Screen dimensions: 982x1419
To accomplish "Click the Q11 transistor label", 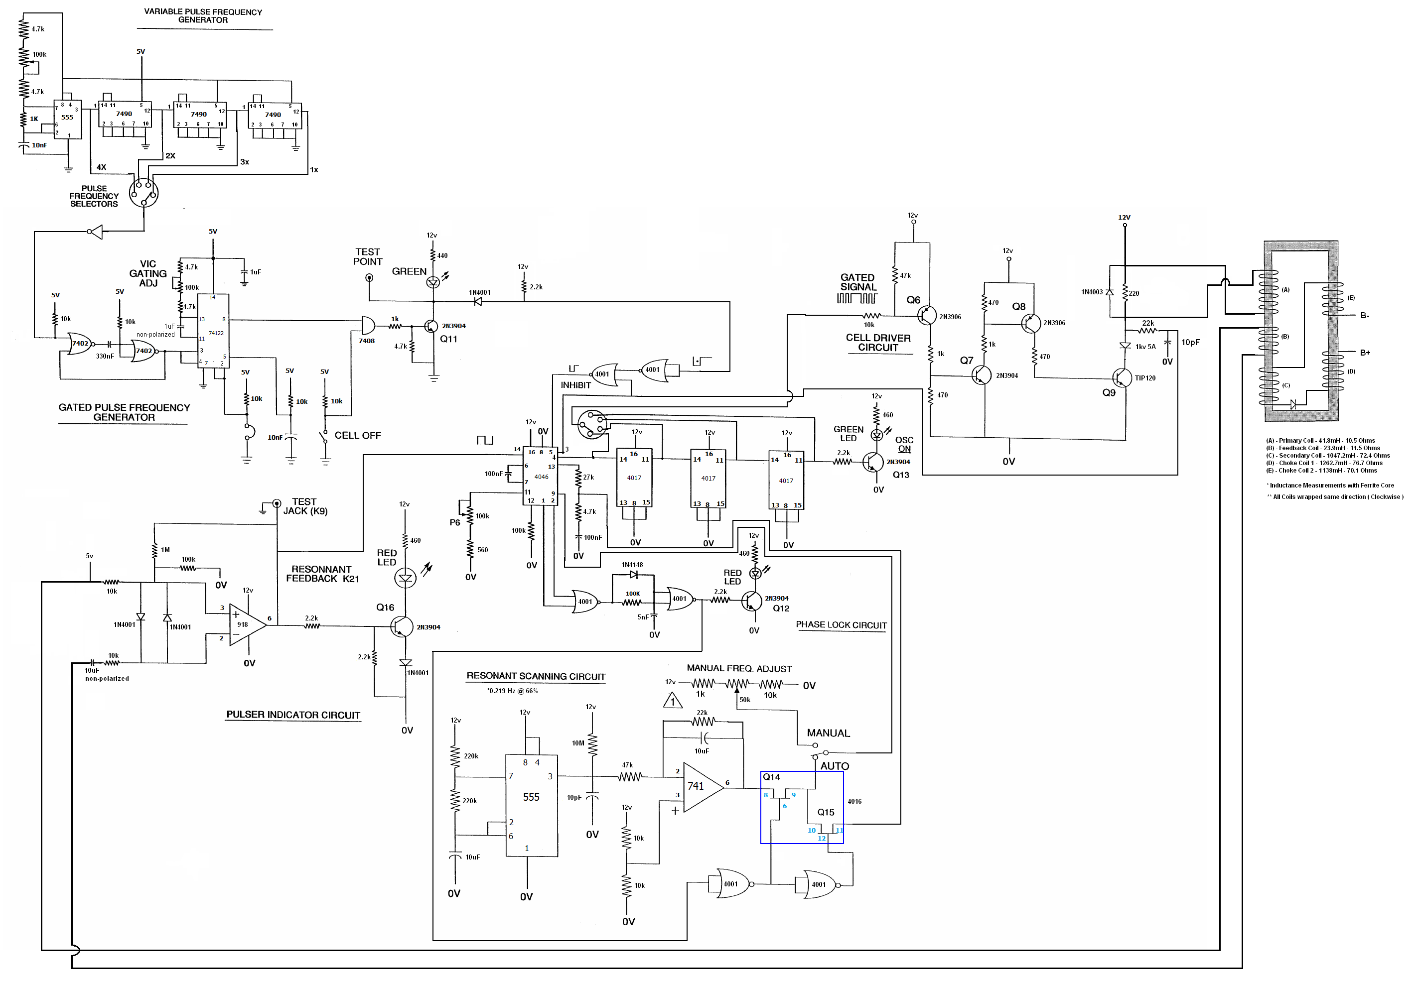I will pos(448,339).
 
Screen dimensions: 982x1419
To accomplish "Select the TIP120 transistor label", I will pos(1145,378).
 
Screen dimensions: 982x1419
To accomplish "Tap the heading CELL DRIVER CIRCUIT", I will pos(878,343).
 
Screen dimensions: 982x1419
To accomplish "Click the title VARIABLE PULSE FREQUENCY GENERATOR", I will pos(203,16).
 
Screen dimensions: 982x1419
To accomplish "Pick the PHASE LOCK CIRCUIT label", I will pos(841,625).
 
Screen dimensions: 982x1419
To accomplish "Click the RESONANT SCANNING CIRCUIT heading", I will pos(536,676).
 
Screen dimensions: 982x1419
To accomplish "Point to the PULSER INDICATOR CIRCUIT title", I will pos(293,715).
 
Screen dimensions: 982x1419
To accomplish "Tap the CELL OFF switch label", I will pos(358,436).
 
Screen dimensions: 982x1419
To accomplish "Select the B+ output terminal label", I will pos(1365,353).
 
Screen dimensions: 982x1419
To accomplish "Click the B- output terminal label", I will pos(1365,316).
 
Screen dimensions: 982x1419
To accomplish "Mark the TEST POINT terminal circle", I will pos(369,278).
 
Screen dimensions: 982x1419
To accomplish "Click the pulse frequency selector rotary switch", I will pos(143,193).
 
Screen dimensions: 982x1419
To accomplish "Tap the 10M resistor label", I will pos(578,743).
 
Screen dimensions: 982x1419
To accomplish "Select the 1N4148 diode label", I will pos(632,565).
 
